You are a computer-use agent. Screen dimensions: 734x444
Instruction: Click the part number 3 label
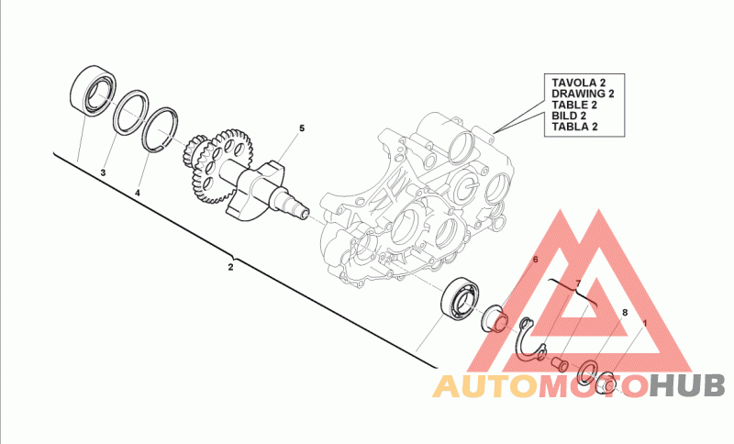coord(104,172)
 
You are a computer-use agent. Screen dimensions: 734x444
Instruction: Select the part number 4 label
coord(138,194)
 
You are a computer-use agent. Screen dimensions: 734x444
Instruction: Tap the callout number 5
coord(300,128)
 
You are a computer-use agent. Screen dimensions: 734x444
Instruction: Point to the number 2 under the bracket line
coord(230,267)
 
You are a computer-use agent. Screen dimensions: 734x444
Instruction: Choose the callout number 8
coord(625,313)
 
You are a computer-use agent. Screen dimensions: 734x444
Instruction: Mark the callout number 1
coord(644,324)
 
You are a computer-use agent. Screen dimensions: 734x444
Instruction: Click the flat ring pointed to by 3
coord(131,111)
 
